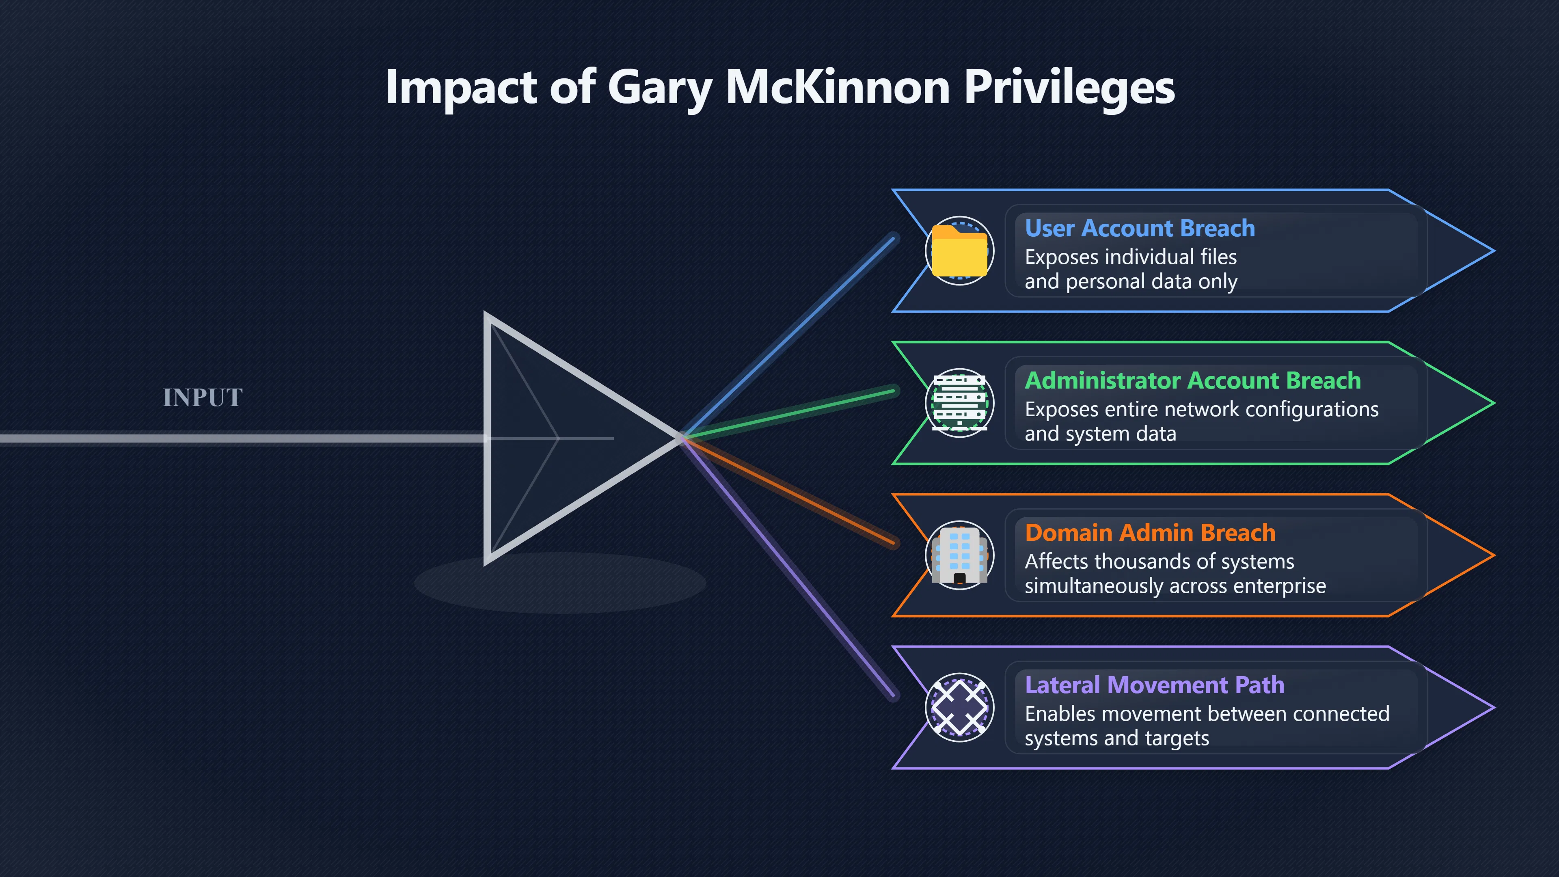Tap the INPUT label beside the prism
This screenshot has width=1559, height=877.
(x=203, y=397)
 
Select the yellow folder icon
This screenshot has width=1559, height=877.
(x=959, y=251)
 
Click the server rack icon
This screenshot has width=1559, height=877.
(x=959, y=402)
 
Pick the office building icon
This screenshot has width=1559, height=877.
(x=959, y=555)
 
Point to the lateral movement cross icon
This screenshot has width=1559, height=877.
(x=959, y=707)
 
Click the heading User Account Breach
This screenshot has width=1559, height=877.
(x=1140, y=228)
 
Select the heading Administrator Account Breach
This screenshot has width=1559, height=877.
(x=1193, y=381)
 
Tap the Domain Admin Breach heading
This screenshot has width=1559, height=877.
(x=1150, y=533)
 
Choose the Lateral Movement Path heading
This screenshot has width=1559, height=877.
(x=1154, y=685)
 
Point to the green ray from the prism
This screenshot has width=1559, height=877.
(x=788, y=414)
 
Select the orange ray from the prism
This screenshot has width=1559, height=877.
(x=788, y=490)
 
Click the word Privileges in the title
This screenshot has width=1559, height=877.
(x=1069, y=87)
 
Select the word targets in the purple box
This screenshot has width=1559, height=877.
(x=1177, y=739)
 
